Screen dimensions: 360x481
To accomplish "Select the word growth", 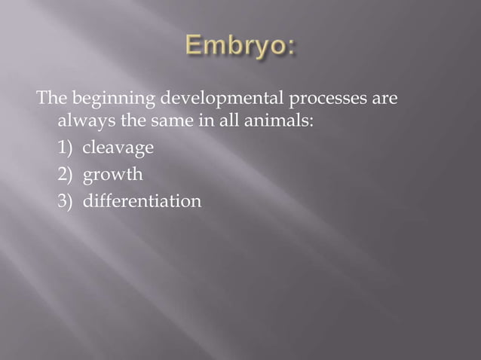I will pyautogui.click(x=112, y=175).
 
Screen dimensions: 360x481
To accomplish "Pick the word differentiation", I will pyautogui.click(x=142, y=202).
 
